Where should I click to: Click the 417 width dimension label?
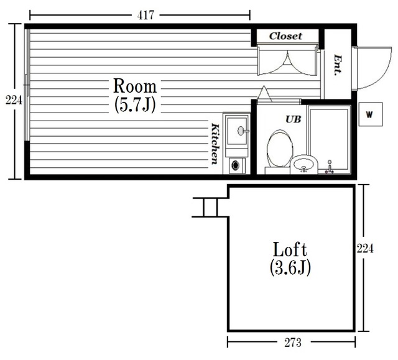[146, 15]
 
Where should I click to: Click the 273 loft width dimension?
[293, 343]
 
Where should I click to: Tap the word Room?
[135, 86]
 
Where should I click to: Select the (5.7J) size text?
[135, 105]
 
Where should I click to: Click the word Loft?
[290, 249]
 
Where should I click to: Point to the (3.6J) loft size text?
[290, 267]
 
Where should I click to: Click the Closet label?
[286, 36]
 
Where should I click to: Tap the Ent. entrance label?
[338, 65]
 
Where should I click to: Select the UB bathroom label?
[293, 119]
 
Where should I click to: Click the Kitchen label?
[215, 144]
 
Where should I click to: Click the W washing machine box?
[371, 114]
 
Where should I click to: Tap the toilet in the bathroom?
[279, 152]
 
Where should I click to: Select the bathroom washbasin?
[304, 164]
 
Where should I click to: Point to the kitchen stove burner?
[236, 165]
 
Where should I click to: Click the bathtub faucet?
[329, 167]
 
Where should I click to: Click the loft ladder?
[211, 207]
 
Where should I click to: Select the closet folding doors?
[287, 61]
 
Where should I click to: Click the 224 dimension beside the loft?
[365, 249]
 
